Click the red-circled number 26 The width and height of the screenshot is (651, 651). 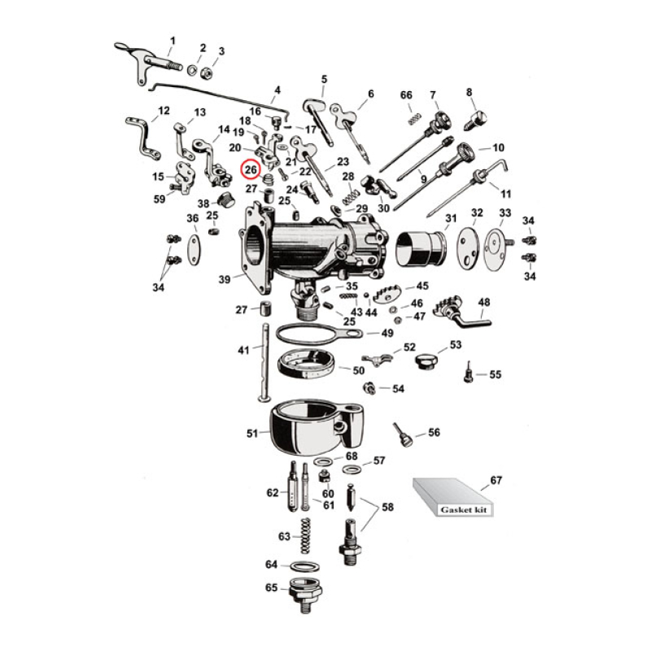tap(251, 170)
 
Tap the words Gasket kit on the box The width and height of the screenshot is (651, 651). tap(457, 509)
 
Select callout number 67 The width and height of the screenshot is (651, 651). tap(496, 481)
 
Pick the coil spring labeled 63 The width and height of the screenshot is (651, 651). tap(308, 538)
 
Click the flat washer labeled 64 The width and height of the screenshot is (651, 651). tap(304, 566)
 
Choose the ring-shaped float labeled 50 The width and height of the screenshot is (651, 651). tap(308, 365)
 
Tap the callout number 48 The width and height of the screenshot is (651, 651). tap(484, 303)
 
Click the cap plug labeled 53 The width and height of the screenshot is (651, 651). tap(426, 360)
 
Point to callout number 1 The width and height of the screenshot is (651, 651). tap(172, 41)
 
